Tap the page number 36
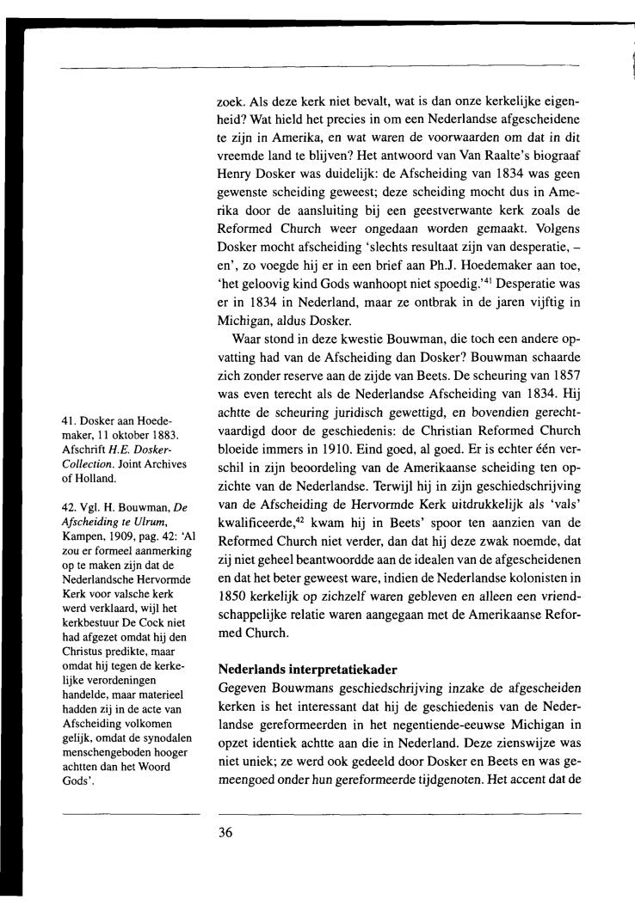click(227, 832)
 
